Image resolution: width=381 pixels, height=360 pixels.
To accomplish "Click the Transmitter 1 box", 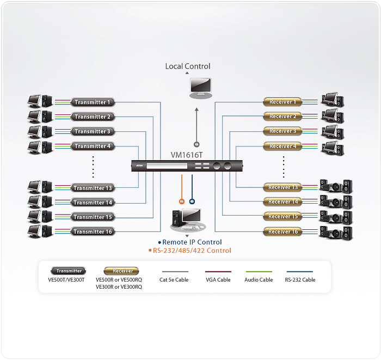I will click(x=93, y=102).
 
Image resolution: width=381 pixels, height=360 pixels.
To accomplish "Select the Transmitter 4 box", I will click(x=93, y=146).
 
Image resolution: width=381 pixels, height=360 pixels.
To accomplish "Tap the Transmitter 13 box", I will click(x=93, y=188).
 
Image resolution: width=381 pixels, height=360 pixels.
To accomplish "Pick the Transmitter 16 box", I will click(x=93, y=231).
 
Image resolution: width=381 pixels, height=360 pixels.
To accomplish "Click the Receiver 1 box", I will click(x=283, y=102).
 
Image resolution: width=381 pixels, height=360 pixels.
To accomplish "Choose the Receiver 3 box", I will click(x=283, y=131).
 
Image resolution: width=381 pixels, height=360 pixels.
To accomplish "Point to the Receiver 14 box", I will click(x=283, y=202).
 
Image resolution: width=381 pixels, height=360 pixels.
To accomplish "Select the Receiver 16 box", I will click(x=283, y=231).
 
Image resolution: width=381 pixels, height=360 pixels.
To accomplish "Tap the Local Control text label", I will click(x=188, y=66).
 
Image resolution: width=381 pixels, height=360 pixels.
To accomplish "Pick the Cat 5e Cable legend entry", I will click(x=175, y=279).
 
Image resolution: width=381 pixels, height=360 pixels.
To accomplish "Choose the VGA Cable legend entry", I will click(x=218, y=279).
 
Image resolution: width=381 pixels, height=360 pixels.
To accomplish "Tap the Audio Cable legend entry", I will click(x=259, y=279).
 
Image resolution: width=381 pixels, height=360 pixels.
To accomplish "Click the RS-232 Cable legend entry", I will click(x=300, y=279).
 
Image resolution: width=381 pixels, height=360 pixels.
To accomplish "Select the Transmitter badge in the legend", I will click(x=69, y=271).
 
